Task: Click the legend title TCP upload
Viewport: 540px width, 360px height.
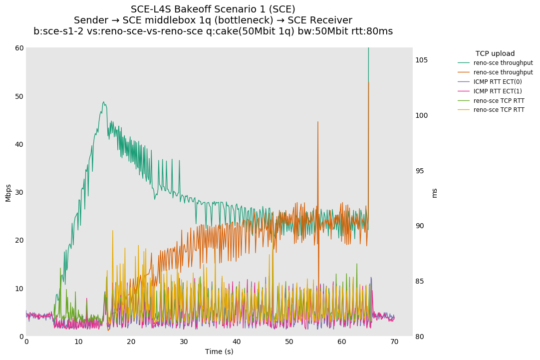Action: click(x=495, y=53)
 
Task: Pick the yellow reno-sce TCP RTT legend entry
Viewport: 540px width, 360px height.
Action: click(x=499, y=110)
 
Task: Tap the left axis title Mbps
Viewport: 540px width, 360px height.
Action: click(x=8, y=192)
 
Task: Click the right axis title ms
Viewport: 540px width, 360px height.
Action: click(x=434, y=193)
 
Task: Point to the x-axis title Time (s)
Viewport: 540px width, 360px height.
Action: click(x=219, y=352)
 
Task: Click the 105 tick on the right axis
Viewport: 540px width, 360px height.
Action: click(x=421, y=60)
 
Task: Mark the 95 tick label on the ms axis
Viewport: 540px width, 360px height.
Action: click(x=421, y=171)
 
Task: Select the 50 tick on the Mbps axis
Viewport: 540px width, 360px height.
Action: click(x=18, y=96)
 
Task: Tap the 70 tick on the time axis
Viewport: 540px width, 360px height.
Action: click(x=394, y=342)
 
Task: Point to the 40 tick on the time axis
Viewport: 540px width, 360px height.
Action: click(x=237, y=342)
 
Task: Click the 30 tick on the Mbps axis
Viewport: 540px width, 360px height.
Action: click(x=18, y=192)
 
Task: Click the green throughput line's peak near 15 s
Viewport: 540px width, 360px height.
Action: click(x=104, y=102)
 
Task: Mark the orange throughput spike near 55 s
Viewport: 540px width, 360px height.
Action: click(x=317, y=122)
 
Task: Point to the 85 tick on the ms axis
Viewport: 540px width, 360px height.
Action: click(x=421, y=281)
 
